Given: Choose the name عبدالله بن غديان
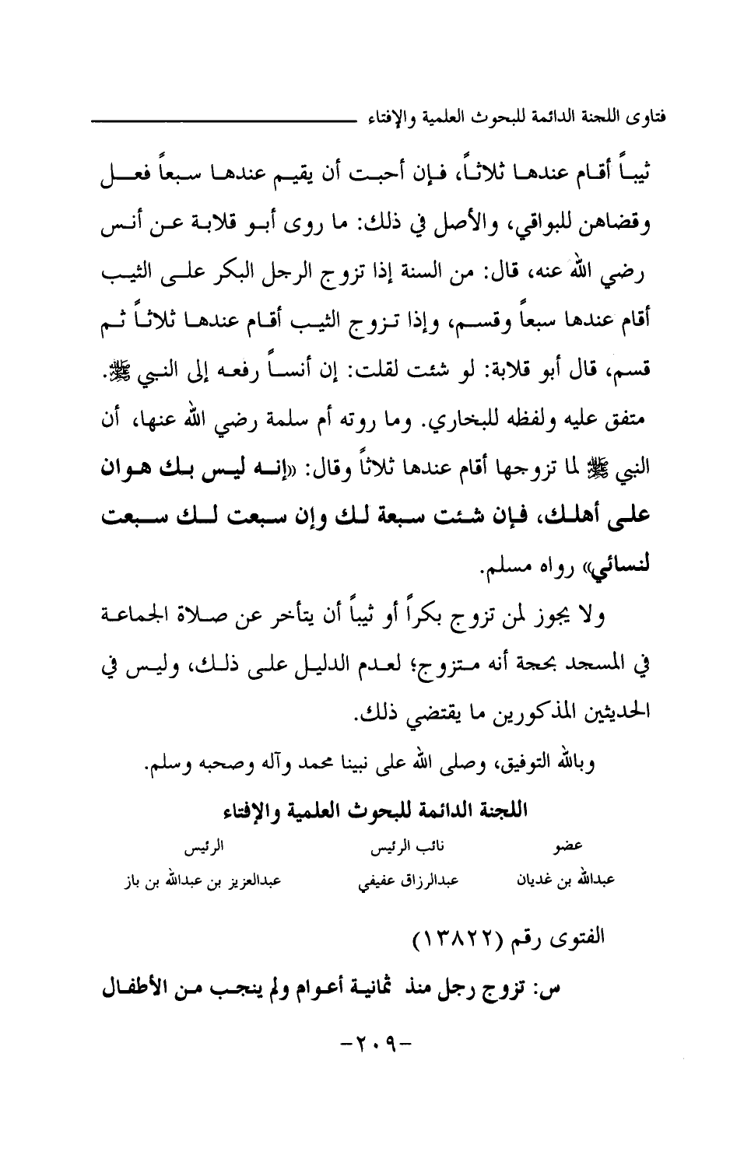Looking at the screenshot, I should coord(567,881).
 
